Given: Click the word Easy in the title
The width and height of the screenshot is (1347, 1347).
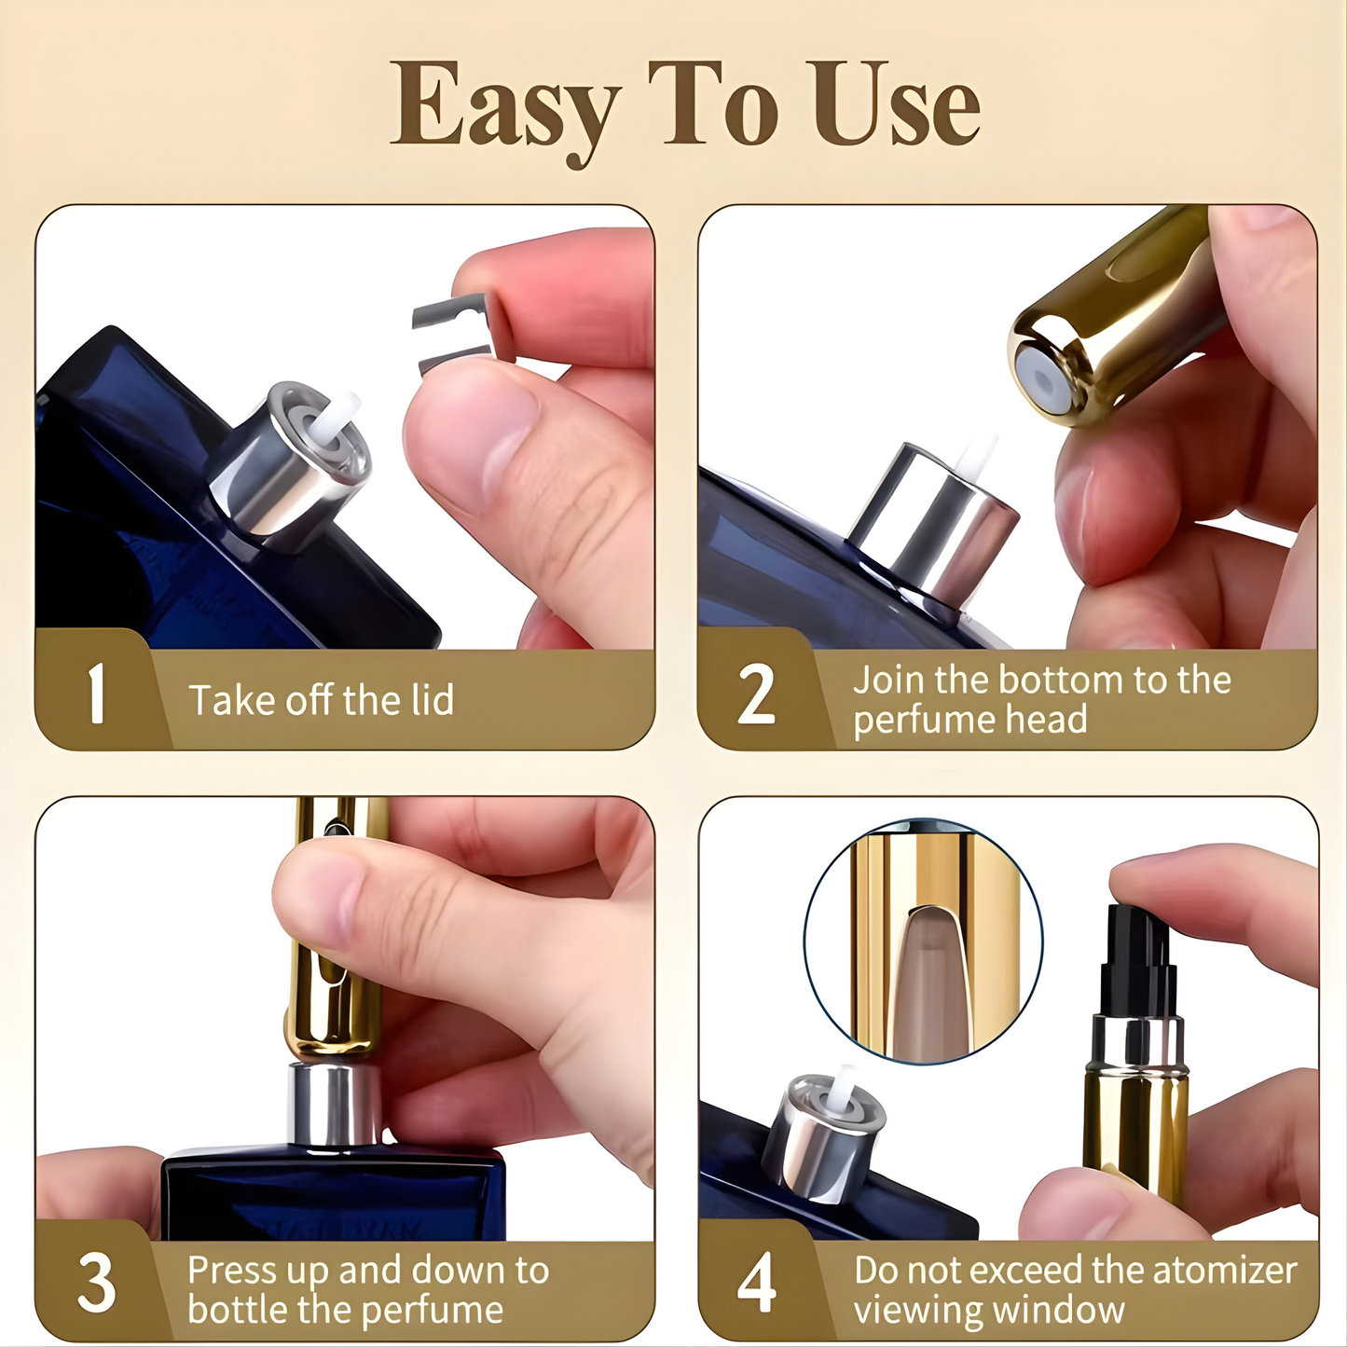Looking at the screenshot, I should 503,107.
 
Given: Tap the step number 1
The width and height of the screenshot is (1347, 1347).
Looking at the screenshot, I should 96,694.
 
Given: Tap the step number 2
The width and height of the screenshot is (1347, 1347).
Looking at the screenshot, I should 756,694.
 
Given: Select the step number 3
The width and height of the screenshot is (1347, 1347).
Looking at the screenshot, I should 96,1285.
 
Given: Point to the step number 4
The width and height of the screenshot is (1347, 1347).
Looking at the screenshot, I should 756,1285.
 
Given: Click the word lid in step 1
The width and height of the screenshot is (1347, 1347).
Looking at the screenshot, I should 433,700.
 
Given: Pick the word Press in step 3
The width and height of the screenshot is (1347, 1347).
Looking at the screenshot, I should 231,1271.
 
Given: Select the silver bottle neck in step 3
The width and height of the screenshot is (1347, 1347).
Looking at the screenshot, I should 336,1105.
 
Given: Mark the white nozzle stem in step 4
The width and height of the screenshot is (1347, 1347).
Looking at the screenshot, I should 845,1087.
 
